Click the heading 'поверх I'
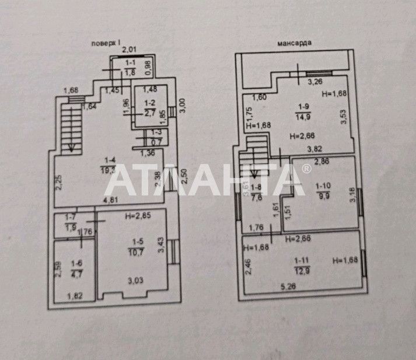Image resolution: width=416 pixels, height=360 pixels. tap(106, 43)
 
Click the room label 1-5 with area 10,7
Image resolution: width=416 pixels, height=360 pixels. tap(137, 247)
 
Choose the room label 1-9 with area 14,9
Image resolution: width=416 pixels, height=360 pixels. tap(303, 110)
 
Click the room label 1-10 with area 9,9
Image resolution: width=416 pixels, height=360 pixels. tap(324, 190)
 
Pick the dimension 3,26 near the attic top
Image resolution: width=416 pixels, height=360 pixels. tap(316, 81)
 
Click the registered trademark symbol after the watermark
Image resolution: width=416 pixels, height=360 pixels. tap(306, 169)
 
